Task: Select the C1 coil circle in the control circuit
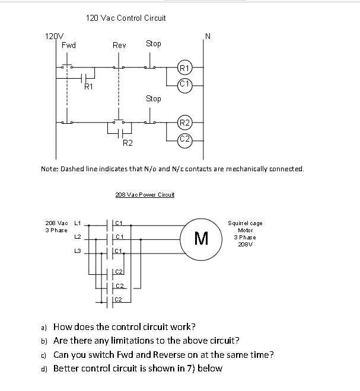point(184,83)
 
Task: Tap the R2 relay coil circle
point(184,123)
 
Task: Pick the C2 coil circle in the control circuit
point(184,139)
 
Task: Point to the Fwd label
point(69,45)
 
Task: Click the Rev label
point(119,45)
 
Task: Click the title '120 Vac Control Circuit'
point(126,18)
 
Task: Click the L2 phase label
point(77,237)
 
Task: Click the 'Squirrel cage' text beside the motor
point(245,223)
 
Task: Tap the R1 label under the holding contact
point(88,87)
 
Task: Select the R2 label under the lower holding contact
point(128,143)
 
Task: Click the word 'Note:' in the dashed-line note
point(49,169)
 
